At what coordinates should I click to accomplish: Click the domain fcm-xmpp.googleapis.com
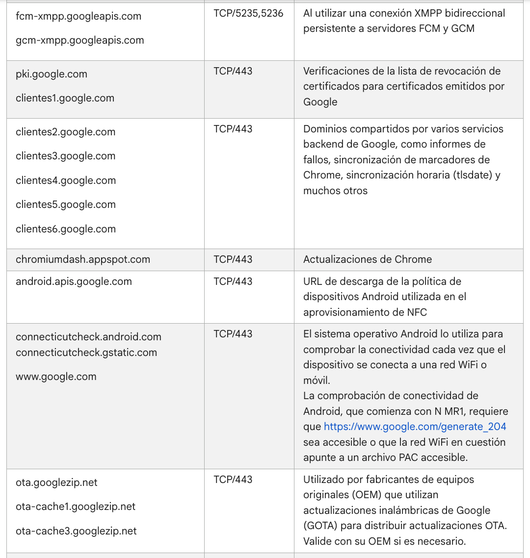click(79, 16)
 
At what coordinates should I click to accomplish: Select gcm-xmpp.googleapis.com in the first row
click(80, 40)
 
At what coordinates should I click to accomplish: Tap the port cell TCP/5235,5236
click(248, 14)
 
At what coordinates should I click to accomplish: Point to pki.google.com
click(52, 74)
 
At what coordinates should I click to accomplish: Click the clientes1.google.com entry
click(65, 98)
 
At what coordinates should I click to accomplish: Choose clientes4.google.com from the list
click(66, 180)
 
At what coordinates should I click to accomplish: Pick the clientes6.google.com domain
click(66, 229)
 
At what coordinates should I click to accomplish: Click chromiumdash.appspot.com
click(83, 259)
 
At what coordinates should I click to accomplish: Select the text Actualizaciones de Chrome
click(368, 259)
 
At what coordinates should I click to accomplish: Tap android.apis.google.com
click(74, 281)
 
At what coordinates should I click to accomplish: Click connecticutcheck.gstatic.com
click(86, 353)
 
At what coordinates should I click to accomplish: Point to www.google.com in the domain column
click(56, 377)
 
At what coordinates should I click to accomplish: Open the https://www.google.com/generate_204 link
click(415, 427)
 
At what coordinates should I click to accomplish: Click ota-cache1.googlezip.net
click(76, 507)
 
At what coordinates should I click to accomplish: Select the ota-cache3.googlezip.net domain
click(76, 531)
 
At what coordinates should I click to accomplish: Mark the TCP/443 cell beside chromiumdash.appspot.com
click(233, 259)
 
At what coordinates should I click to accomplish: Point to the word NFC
click(417, 312)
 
